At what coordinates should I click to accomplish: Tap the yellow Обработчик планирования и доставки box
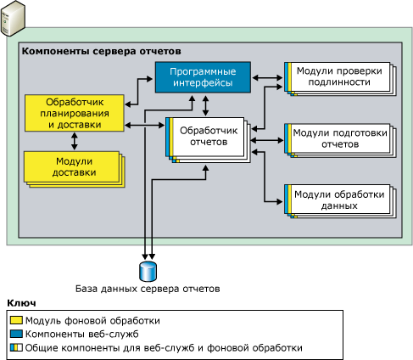pos(73,113)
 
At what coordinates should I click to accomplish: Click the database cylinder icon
pos(148,271)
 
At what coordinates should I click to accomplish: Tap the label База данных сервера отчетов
pos(148,289)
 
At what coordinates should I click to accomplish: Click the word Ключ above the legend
pos(21,303)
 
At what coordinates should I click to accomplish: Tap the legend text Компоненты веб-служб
pos(77,334)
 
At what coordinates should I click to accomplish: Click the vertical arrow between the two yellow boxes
pos(72,142)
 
